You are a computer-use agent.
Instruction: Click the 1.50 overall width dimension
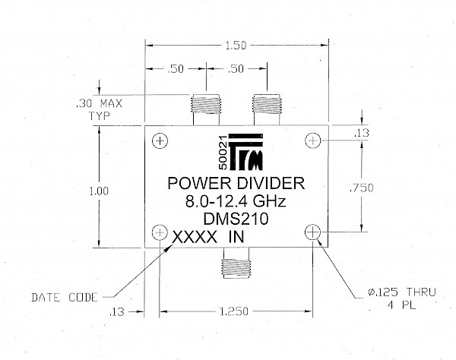click(236, 46)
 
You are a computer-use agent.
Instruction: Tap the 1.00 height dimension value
click(99, 191)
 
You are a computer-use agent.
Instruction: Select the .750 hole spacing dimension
click(362, 188)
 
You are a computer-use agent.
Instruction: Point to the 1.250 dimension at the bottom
click(234, 311)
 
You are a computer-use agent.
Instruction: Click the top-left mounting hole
click(160, 141)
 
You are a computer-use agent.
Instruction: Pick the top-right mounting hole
click(312, 141)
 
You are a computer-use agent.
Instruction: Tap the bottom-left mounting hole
click(160, 232)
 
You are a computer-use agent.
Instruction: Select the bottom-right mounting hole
click(312, 232)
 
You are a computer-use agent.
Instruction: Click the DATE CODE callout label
click(65, 298)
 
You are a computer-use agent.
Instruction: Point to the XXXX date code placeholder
click(195, 238)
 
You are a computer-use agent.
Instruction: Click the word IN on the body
click(236, 237)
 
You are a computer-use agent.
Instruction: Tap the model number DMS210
click(236, 219)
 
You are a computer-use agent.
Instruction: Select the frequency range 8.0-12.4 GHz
click(236, 201)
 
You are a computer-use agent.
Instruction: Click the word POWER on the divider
click(199, 183)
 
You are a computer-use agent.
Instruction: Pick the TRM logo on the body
click(246, 152)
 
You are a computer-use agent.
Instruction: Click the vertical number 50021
click(223, 153)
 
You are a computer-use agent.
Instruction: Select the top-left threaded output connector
click(206, 109)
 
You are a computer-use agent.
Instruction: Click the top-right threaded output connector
click(267, 109)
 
